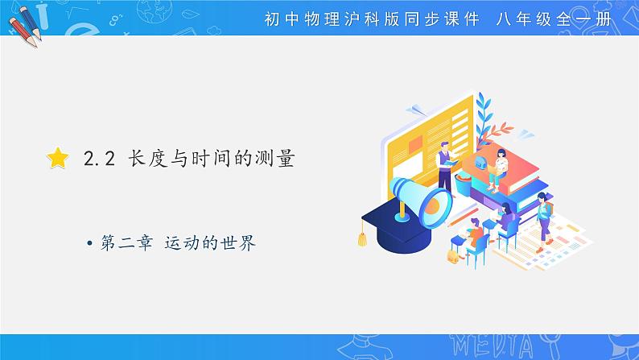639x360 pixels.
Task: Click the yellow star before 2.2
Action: (58, 159)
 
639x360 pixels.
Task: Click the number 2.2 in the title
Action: (101, 159)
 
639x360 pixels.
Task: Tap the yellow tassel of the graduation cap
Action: (362, 237)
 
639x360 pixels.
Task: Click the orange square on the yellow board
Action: (416, 147)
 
